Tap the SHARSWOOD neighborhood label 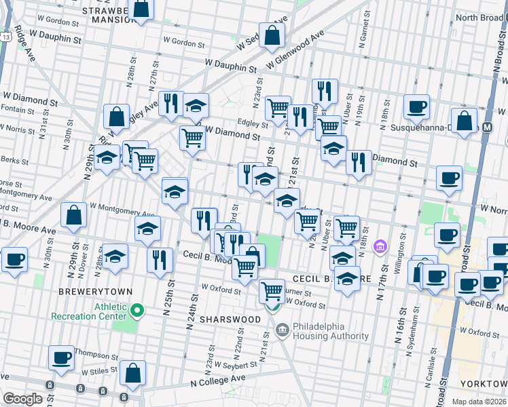point(230,319)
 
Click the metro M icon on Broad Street point(488,128)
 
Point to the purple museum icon point(380,244)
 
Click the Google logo point(22,399)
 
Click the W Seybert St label point(235,364)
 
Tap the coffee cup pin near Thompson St point(62,357)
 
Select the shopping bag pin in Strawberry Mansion point(140,9)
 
